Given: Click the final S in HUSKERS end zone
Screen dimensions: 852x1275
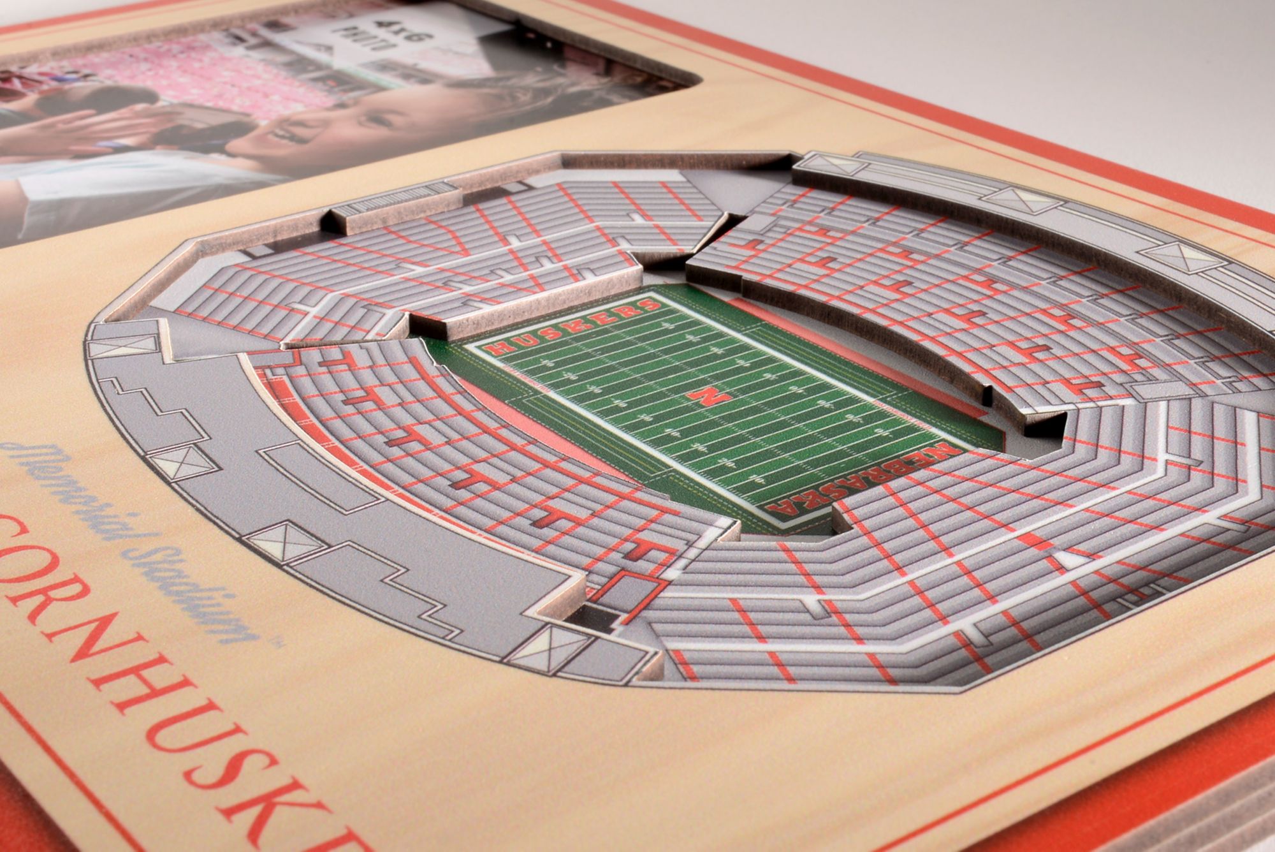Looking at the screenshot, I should click(x=648, y=304).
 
